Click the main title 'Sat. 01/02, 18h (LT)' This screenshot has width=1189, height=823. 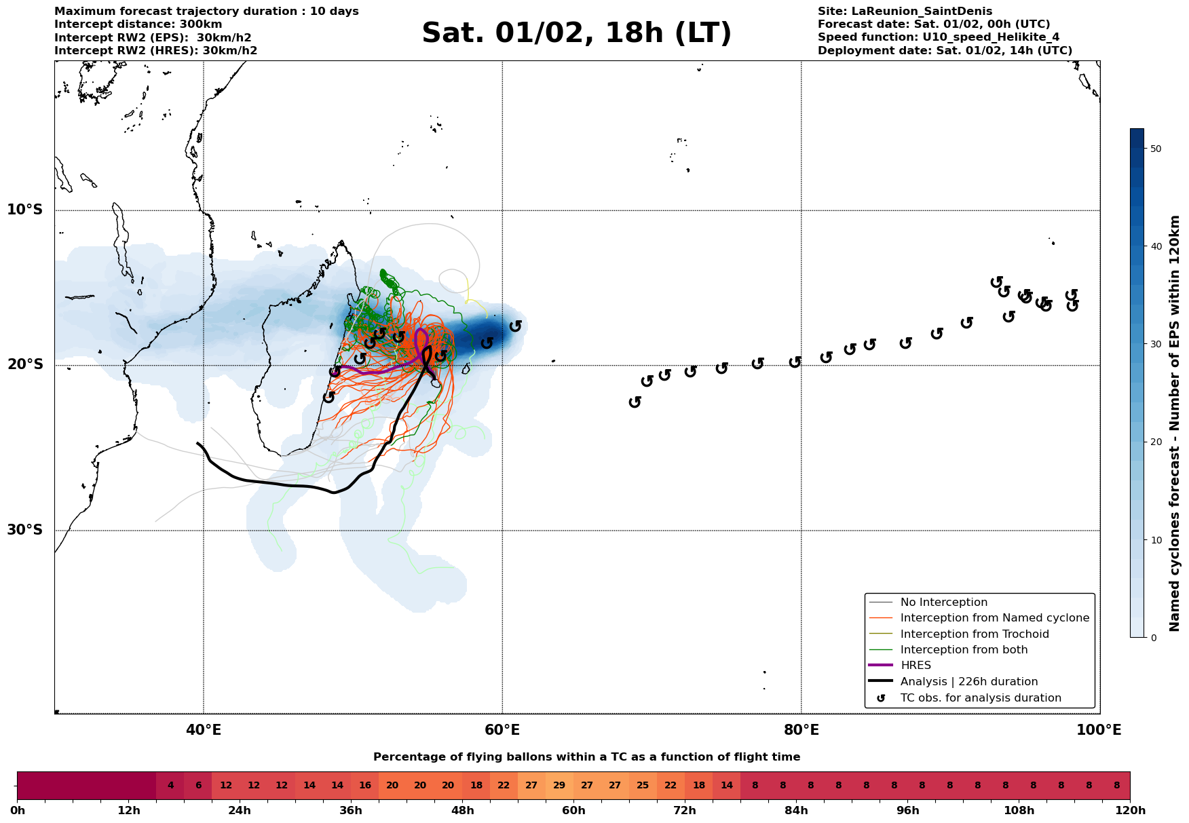[x=576, y=34]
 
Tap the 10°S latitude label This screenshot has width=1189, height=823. [x=25, y=210]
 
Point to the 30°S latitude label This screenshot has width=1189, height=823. [x=25, y=530]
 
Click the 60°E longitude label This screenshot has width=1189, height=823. [x=502, y=730]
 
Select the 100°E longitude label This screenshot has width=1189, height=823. [x=1099, y=730]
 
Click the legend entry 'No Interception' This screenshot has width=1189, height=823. [x=943, y=602]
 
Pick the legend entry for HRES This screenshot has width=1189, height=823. [x=916, y=666]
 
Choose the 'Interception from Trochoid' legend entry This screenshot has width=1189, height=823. [x=974, y=634]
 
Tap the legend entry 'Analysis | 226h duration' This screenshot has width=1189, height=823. [x=968, y=682]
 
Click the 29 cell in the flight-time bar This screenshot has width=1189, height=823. [x=559, y=786]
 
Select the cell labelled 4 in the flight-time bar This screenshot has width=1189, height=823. [x=170, y=786]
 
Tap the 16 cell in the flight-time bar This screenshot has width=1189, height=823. [x=364, y=786]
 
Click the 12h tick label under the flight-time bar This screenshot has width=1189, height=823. [x=128, y=811]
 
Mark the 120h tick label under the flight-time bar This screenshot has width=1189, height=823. [x=1129, y=811]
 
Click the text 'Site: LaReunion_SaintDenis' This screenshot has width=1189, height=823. [x=905, y=12]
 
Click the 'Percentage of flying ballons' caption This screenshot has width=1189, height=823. [x=586, y=757]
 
